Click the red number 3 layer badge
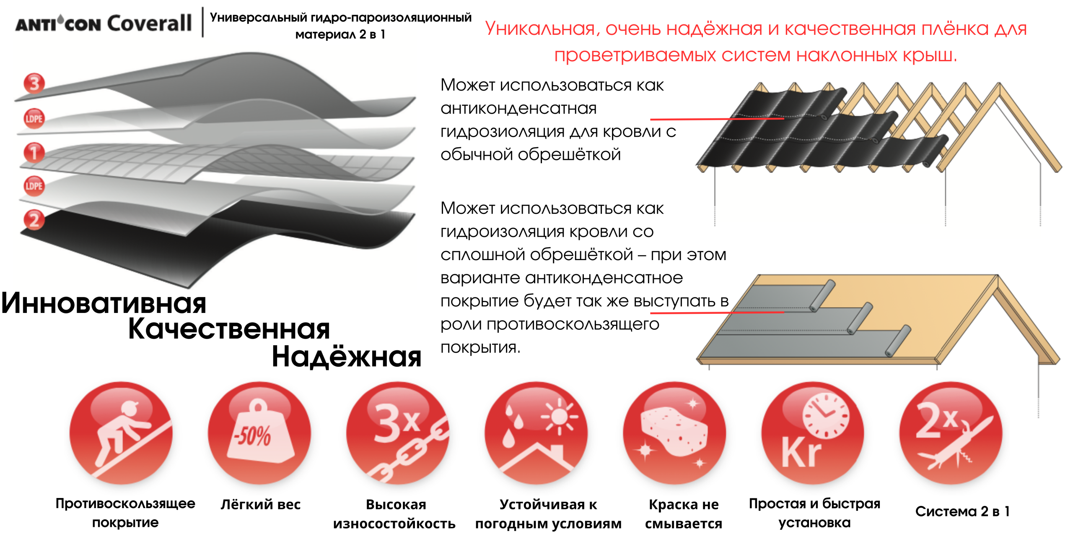pos(34,83)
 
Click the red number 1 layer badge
pos(34,152)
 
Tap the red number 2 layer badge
pos(34,220)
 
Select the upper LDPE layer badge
pos(34,119)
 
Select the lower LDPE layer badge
pos(34,186)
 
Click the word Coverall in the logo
pos(150,23)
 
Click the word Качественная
pos(229,329)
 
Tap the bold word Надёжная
pos(346,357)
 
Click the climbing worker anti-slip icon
pos(121,433)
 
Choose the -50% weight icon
pos(259,433)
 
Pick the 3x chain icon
pos(397,433)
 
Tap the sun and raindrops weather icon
pos(536,433)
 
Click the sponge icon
pos(674,433)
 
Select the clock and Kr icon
pos(813,433)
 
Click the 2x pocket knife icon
pos(951,433)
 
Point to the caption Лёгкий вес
pos(260,505)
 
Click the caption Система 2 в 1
pos(962,511)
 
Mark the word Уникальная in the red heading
pos(540,29)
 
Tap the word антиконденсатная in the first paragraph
pos(518,109)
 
